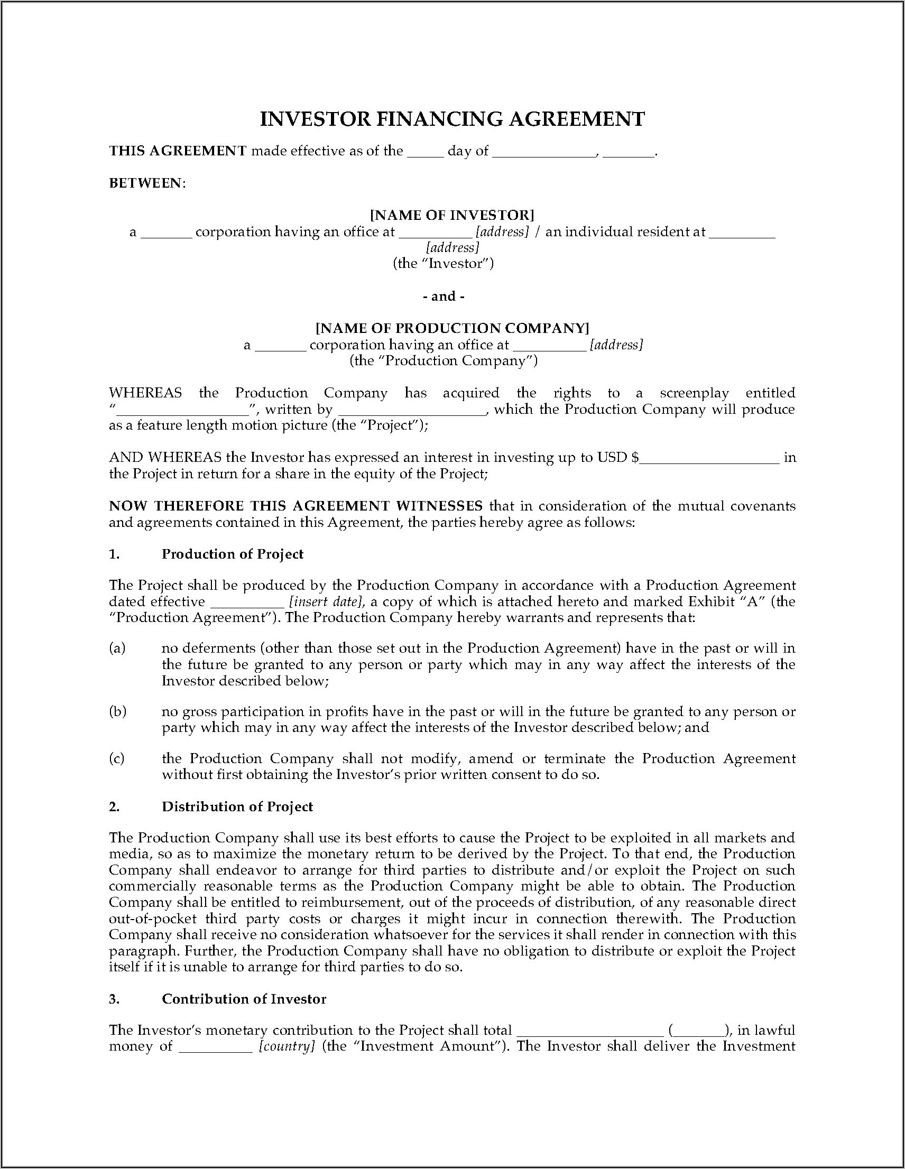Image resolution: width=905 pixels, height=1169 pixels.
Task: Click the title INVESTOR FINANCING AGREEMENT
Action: click(x=452, y=119)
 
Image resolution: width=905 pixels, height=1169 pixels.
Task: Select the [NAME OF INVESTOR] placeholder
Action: click(x=452, y=215)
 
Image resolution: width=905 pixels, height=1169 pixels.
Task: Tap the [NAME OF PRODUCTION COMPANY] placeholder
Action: click(x=452, y=328)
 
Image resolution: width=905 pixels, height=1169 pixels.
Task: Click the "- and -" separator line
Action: click(x=444, y=296)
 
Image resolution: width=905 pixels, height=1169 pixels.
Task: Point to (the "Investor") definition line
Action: click(x=443, y=263)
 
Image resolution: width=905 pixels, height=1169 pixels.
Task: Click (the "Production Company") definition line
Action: click(x=444, y=361)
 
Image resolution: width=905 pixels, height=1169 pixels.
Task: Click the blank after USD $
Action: click(x=709, y=458)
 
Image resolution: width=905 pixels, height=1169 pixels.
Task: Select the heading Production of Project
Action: click(x=233, y=554)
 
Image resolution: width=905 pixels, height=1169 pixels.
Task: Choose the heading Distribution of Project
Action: click(x=237, y=806)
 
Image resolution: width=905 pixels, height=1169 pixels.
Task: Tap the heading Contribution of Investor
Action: click(x=244, y=999)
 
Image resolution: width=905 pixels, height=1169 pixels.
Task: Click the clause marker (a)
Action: click(x=117, y=648)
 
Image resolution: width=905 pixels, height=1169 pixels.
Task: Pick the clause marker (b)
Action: click(x=117, y=711)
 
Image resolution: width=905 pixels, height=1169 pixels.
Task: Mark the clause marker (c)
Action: click(x=117, y=758)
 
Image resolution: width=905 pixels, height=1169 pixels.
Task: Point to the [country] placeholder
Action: click(x=287, y=1046)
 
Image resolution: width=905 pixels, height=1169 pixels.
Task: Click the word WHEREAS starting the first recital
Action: click(x=145, y=393)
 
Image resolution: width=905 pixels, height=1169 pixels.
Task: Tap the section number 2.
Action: click(x=114, y=806)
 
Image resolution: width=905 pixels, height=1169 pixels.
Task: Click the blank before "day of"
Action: click(x=425, y=152)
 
